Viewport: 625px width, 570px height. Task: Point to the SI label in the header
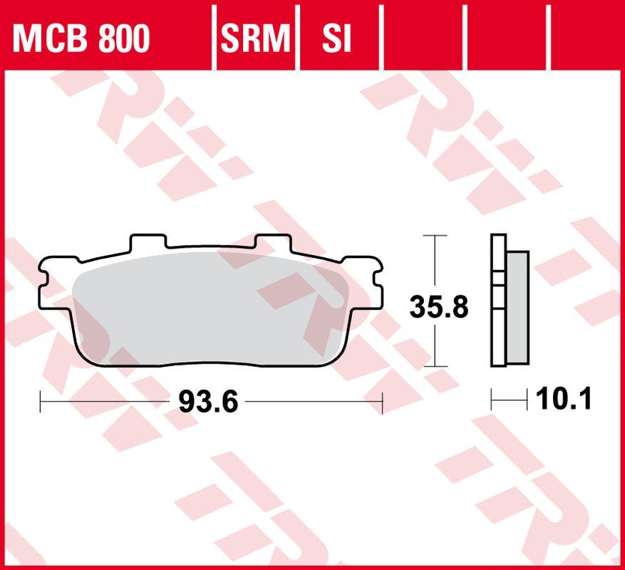(x=336, y=40)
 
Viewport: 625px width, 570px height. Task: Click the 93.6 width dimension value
(x=207, y=403)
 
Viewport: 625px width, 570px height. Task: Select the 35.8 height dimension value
(x=438, y=307)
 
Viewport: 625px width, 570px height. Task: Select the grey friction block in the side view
(x=519, y=307)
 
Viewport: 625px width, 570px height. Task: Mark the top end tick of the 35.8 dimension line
(x=435, y=234)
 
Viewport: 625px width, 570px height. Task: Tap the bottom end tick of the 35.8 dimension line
(x=435, y=366)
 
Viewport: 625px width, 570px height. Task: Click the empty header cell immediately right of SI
(x=423, y=33)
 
